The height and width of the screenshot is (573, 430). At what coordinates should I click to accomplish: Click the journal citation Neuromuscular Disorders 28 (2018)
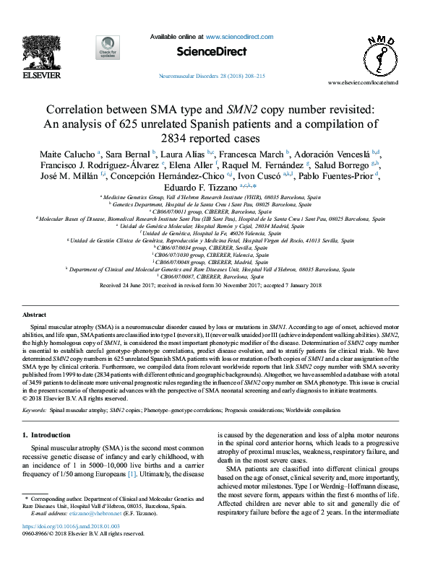(x=210, y=76)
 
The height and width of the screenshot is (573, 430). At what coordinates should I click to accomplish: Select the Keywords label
(x=34, y=409)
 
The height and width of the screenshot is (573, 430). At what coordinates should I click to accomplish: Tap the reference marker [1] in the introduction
(x=152, y=475)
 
